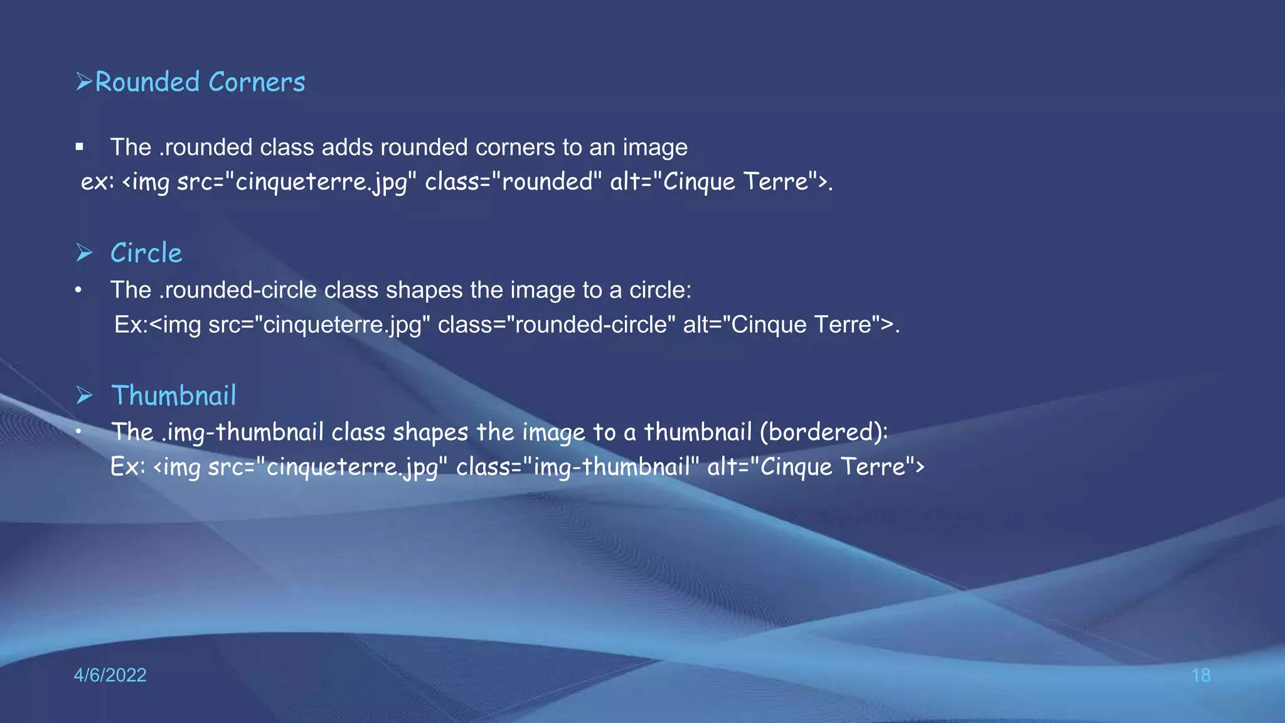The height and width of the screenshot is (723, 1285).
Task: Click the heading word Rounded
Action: coord(147,82)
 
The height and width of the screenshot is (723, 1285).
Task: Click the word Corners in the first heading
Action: coord(257,82)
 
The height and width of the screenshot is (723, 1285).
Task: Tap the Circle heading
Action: coord(146,253)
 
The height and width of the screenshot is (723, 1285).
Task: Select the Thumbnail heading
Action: coord(174,395)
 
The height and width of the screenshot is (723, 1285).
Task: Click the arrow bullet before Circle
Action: coord(84,253)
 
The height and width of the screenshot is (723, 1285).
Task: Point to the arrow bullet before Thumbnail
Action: coord(84,395)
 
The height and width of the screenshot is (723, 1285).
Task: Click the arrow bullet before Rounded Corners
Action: coord(84,82)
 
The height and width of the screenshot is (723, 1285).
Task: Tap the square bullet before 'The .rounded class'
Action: coord(79,147)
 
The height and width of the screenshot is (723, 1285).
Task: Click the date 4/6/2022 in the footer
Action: coord(110,675)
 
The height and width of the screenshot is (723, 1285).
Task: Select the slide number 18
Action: coord(1200,675)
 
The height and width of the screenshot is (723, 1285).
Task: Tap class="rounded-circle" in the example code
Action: coord(557,325)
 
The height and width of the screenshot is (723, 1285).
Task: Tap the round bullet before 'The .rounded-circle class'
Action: coord(78,291)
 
